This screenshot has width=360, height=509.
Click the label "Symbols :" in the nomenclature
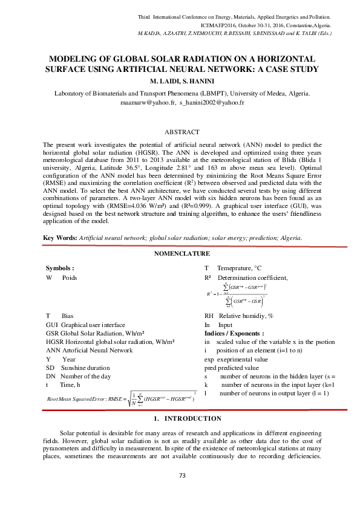pos(60,267)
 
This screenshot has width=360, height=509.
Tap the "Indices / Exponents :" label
pos(234,333)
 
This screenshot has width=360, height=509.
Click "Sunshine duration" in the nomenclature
pos(85,367)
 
